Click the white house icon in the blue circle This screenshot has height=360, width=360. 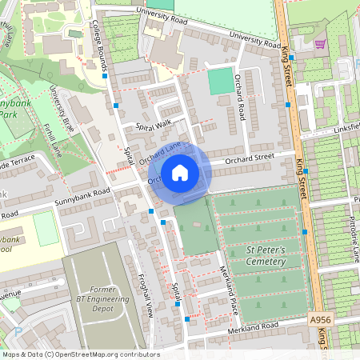[x=180, y=172]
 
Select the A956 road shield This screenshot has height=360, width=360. [x=320, y=319]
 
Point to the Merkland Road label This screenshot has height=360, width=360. [x=252, y=326]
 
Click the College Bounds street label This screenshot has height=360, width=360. [x=99, y=47]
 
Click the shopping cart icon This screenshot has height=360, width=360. [x=320, y=44]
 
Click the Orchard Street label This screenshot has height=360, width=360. [x=249, y=158]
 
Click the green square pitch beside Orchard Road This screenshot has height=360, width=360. [x=221, y=81]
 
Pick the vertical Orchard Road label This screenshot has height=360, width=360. [x=241, y=93]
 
